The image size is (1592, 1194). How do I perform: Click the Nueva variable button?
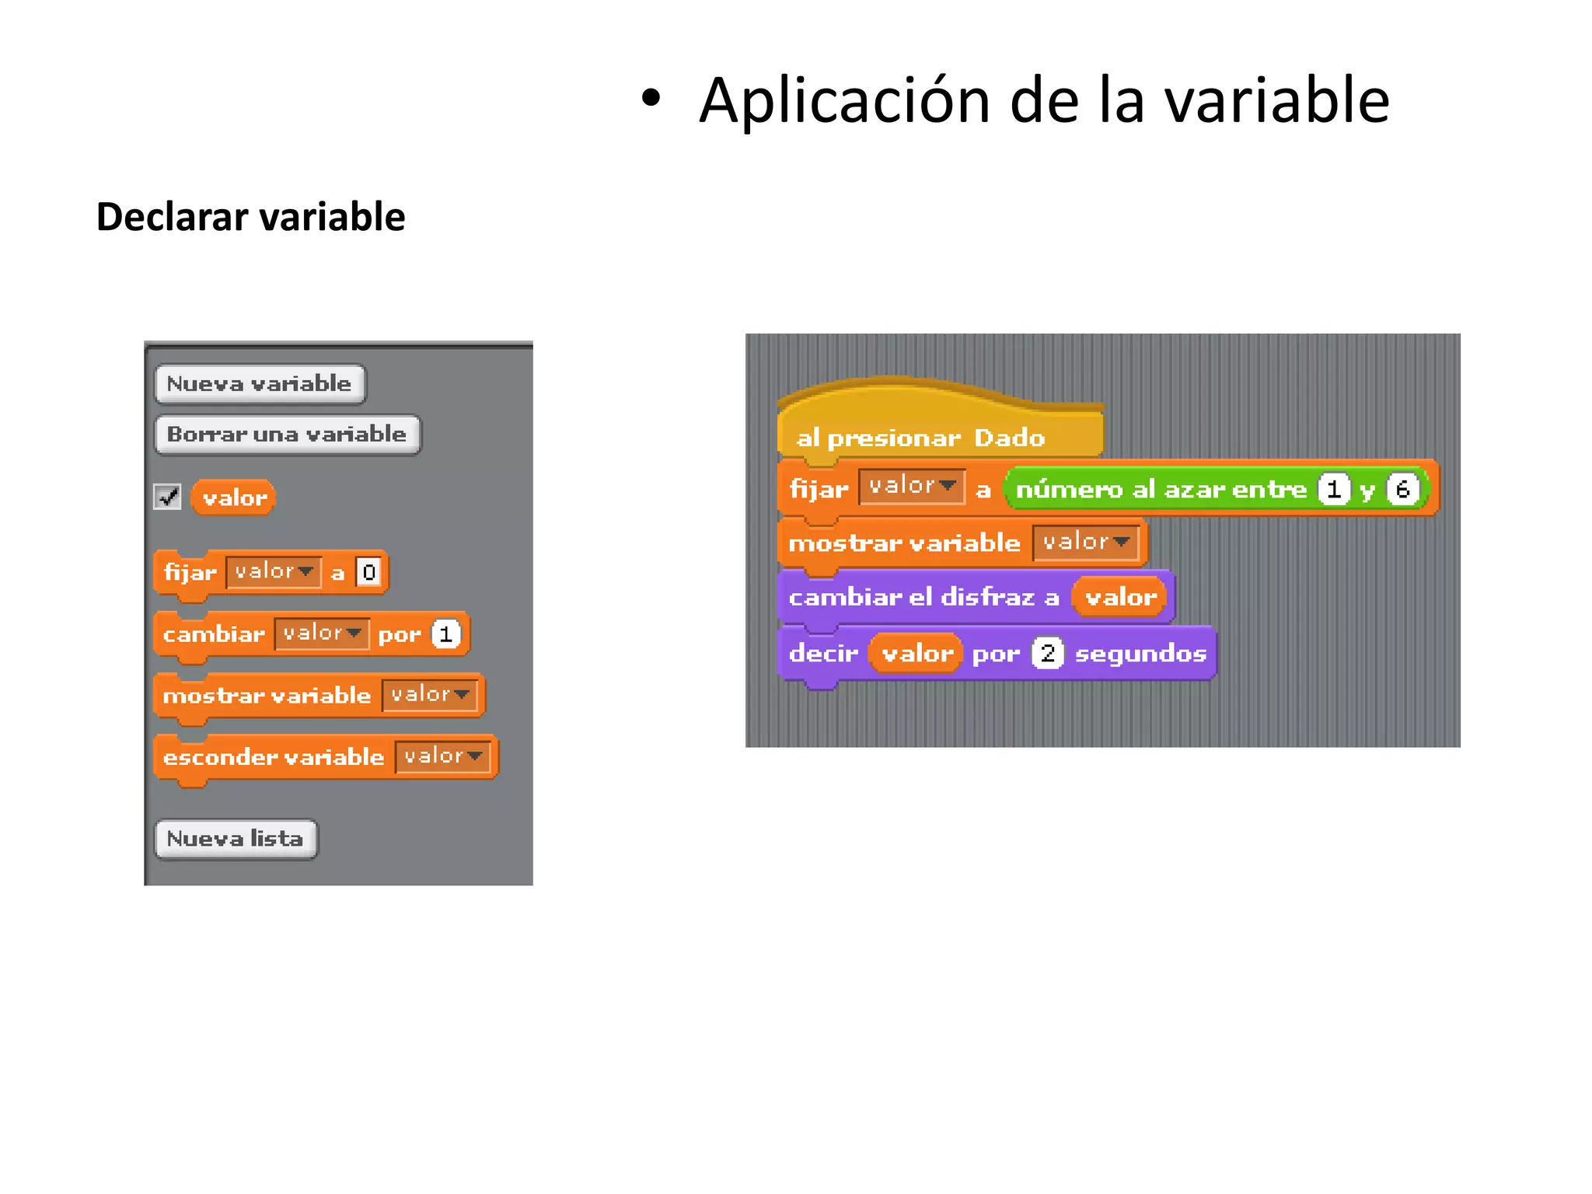tap(260, 384)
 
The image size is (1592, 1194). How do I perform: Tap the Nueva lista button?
tap(236, 839)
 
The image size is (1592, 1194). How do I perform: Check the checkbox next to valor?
tap(167, 497)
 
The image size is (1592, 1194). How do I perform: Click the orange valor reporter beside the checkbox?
tap(234, 497)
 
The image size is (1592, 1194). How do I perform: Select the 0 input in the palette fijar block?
tap(368, 572)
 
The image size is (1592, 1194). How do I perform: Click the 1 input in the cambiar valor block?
tap(446, 634)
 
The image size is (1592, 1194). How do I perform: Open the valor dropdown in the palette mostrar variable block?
tap(430, 695)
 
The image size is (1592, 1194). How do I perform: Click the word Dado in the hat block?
tap(1009, 438)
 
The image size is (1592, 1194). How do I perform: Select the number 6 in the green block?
tap(1402, 489)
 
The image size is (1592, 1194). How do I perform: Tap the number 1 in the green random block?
tap(1334, 489)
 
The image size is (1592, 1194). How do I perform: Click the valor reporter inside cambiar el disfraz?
tap(1120, 597)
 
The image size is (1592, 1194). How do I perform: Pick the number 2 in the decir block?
tap(1047, 653)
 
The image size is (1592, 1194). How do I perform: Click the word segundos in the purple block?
tap(1140, 654)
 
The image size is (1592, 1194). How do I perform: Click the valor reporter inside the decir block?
tap(916, 653)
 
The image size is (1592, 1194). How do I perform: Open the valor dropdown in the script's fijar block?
tap(912, 487)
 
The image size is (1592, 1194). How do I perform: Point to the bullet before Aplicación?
tap(651, 99)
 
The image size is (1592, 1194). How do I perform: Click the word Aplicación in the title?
tap(844, 100)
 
